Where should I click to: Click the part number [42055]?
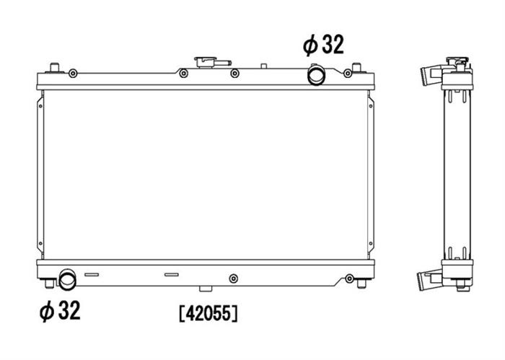tap(208, 313)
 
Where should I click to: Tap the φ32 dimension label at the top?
tap(323, 45)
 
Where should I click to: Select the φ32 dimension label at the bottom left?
tap(60, 311)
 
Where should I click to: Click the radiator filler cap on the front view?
tap(212, 62)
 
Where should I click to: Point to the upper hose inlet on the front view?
tap(316, 75)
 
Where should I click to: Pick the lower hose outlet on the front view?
tap(68, 279)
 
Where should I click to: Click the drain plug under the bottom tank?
tap(206, 289)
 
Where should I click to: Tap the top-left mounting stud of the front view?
tap(54, 68)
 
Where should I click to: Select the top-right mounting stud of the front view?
tap(356, 68)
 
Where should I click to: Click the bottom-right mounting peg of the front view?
tap(361, 284)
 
